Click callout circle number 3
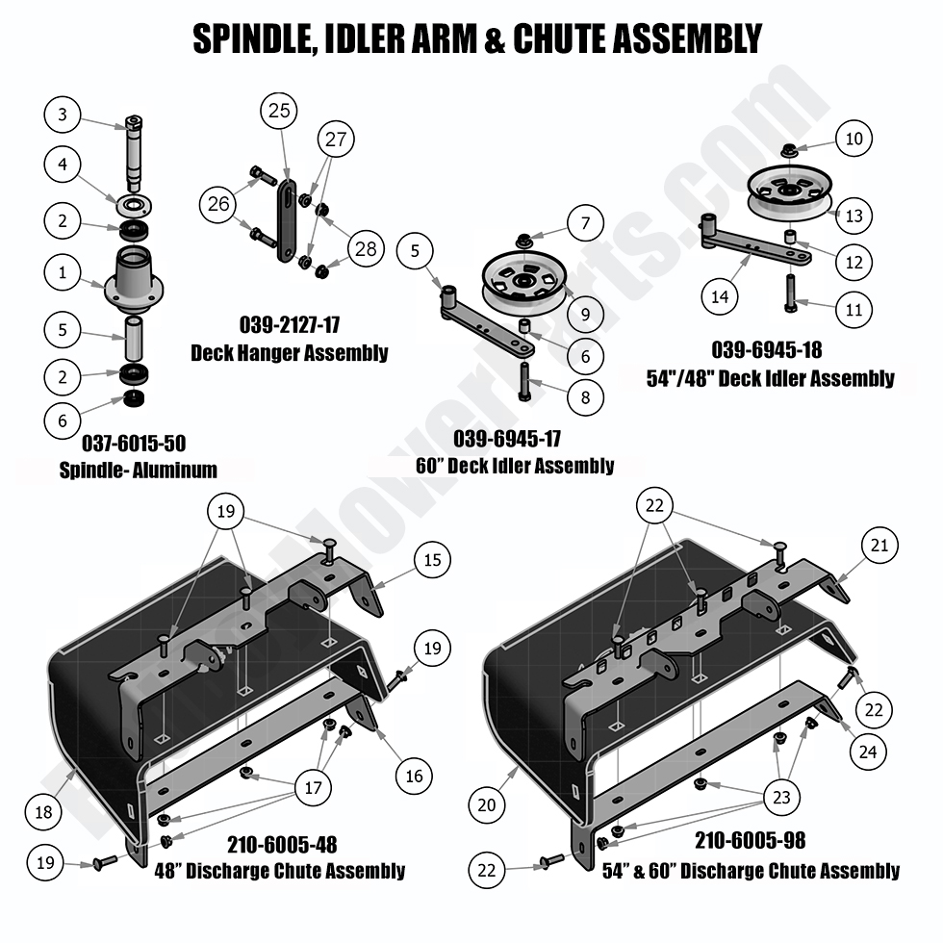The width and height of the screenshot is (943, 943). coord(63,116)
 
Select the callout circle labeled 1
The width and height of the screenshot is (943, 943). coord(63,272)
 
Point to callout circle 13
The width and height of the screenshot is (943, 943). coord(853,217)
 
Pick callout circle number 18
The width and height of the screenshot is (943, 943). coord(43,811)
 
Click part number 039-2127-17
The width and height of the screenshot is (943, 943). coord(289,324)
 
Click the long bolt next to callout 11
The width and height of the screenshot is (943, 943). coord(788,290)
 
